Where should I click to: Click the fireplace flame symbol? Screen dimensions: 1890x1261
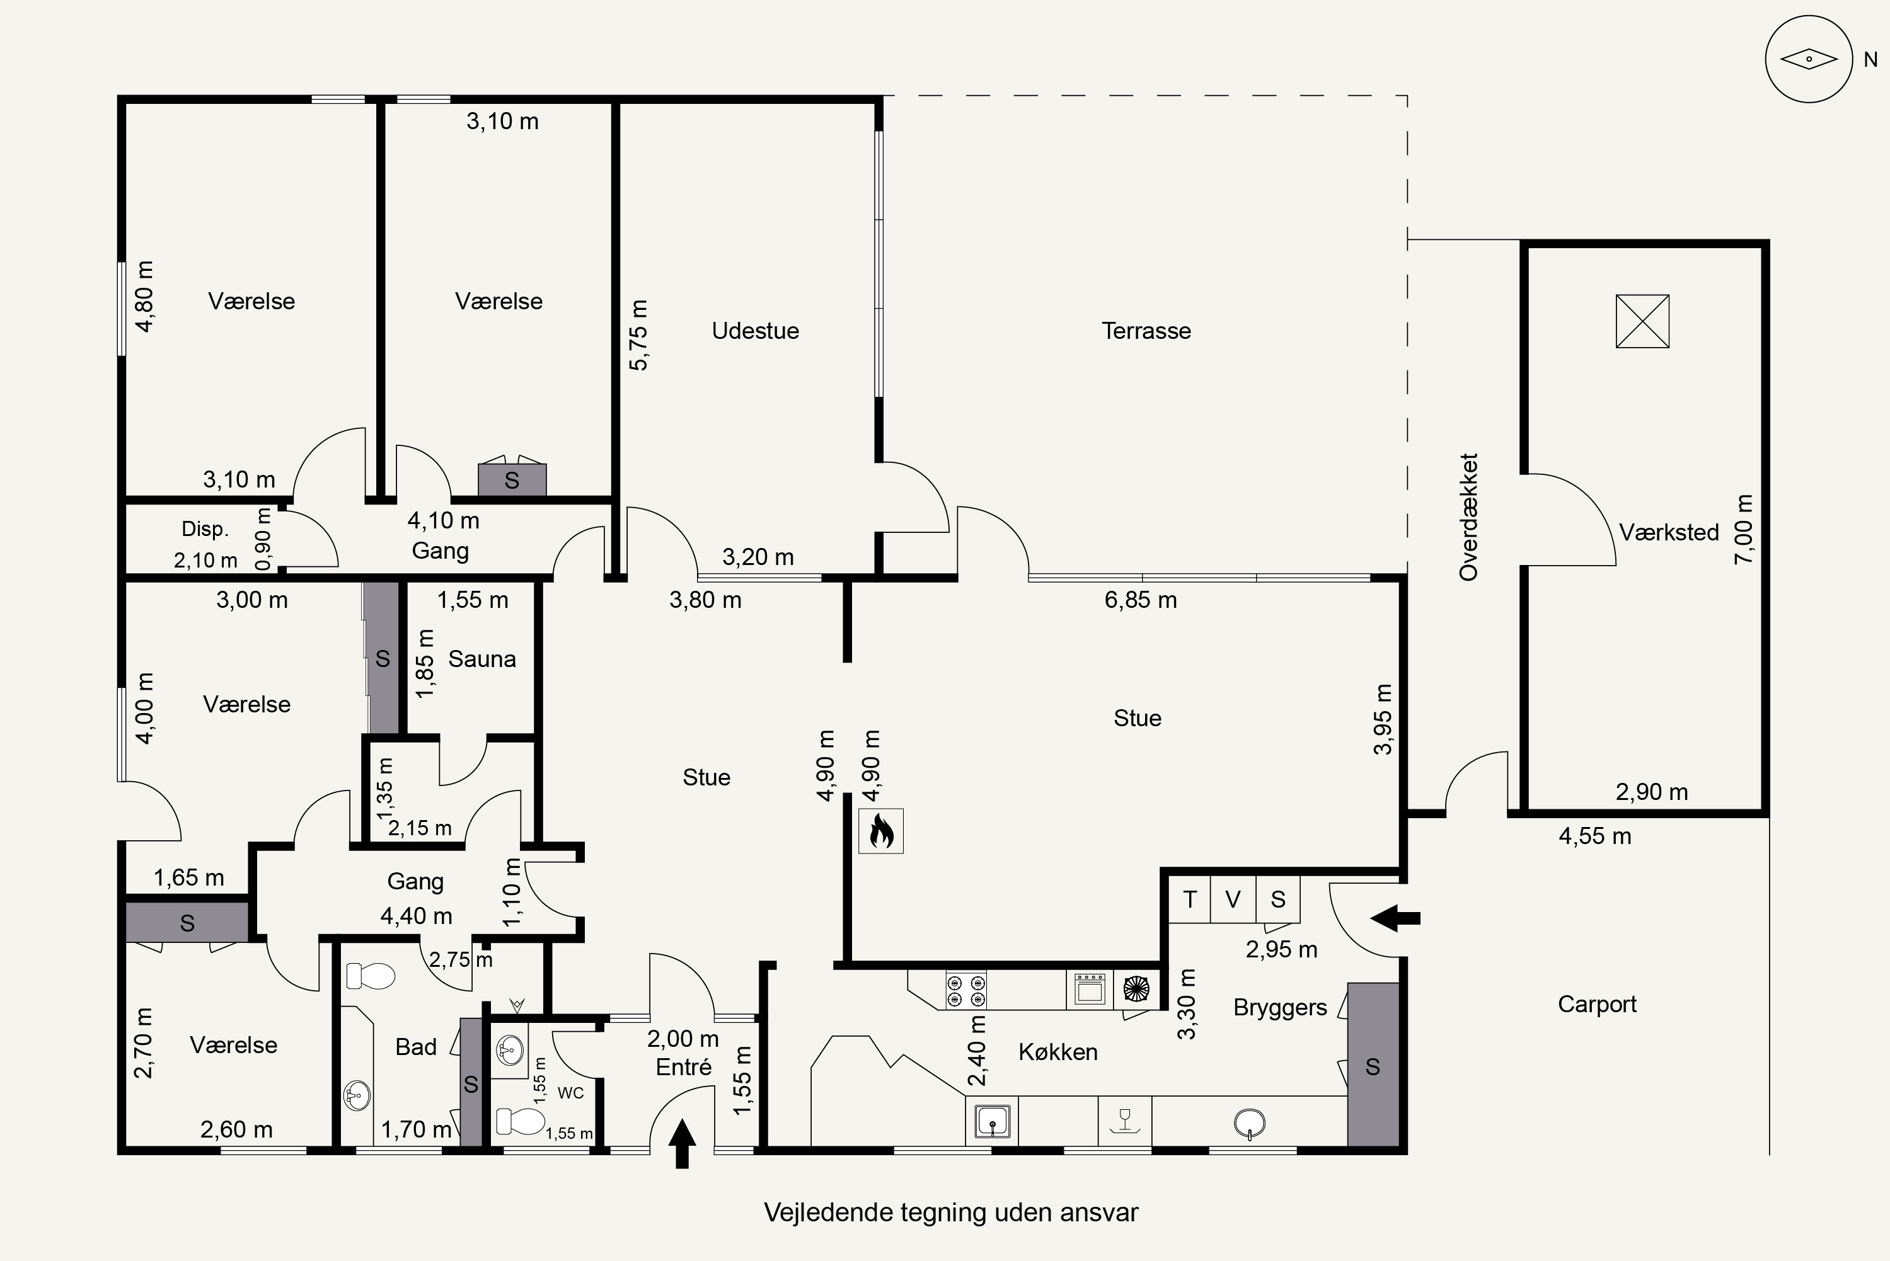pos(881,831)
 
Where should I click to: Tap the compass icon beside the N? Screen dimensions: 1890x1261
pos(1809,59)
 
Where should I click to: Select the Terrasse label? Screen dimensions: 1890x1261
pos(1146,331)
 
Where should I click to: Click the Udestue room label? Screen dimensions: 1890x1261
pos(755,331)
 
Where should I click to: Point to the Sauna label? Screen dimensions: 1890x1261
pos(482,659)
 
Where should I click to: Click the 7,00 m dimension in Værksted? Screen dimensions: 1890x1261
pos(1744,529)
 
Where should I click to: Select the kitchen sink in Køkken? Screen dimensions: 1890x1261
pos(992,1121)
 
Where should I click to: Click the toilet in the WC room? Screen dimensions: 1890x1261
pos(521,1121)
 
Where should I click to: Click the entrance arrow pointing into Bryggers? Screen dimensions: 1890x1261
pos(1395,918)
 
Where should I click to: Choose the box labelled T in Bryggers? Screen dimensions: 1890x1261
pos(1190,898)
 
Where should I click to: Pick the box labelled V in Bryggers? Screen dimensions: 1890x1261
pos(1233,898)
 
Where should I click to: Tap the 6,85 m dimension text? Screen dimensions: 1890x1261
pos(1140,600)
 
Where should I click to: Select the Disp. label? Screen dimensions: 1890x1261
pos(205,529)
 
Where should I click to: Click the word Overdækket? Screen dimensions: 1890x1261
pos(1468,517)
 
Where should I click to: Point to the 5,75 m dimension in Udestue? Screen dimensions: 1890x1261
pos(638,335)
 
